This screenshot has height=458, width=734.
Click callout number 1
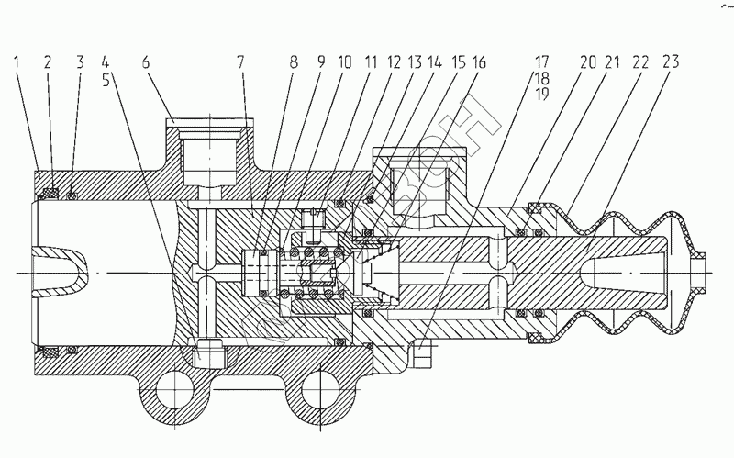18,62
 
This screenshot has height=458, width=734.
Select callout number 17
542,63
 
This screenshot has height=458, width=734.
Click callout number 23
671,63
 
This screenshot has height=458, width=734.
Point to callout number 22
640,63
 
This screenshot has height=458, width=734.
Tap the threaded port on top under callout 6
210,154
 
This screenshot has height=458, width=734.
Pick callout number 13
413,63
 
